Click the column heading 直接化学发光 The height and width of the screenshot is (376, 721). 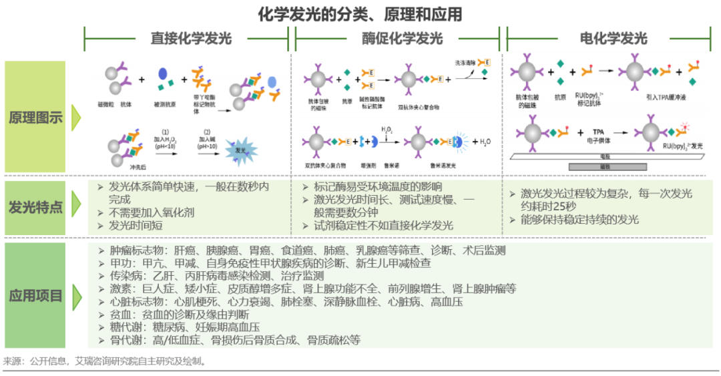(191, 38)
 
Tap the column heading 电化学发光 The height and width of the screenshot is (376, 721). (613, 38)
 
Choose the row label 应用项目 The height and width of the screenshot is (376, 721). (35, 295)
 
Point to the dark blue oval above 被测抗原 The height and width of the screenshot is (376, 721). (162, 74)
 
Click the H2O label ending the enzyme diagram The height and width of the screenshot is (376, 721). (483, 142)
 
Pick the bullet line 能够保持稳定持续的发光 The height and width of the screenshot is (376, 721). (579, 220)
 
